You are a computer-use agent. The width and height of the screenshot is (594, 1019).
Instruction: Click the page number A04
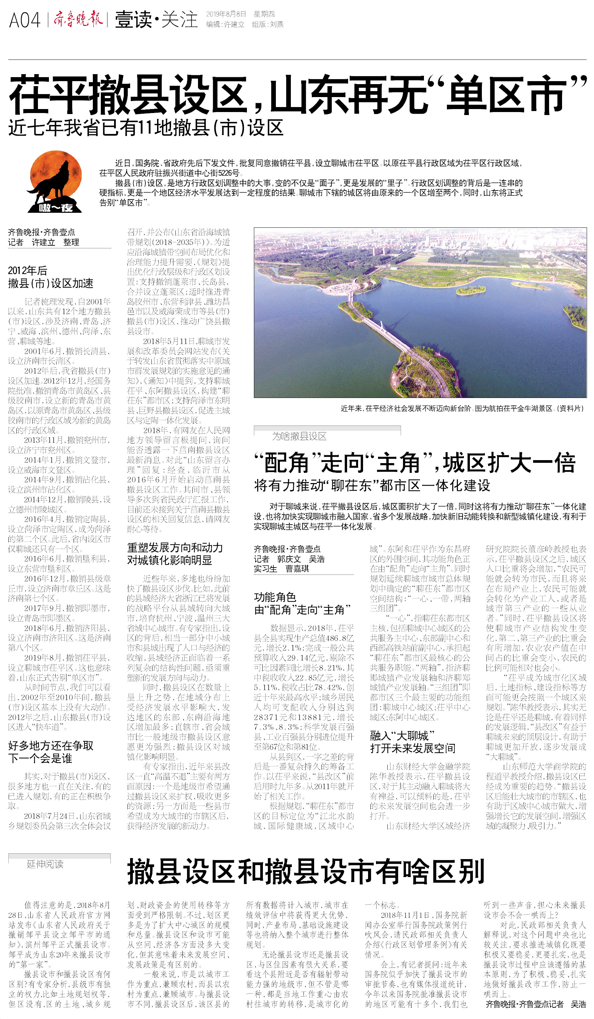click(x=25, y=20)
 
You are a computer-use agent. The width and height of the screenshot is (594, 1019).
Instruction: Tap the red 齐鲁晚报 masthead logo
click(x=78, y=19)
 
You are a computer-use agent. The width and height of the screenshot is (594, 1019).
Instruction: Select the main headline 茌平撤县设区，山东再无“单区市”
click(x=297, y=95)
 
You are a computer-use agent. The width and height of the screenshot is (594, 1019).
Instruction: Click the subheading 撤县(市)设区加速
click(x=51, y=284)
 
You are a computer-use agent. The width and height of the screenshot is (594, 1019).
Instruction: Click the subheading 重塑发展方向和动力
click(x=175, y=548)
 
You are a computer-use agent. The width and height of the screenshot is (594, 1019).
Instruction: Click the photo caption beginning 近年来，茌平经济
click(x=462, y=408)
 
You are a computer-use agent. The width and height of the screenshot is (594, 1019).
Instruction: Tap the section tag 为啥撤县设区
click(x=299, y=436)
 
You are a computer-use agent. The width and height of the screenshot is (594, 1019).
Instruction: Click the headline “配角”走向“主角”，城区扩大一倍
click(x=414, y=463)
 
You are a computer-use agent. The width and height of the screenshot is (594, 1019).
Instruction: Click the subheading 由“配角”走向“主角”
click(x=302, y=610)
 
